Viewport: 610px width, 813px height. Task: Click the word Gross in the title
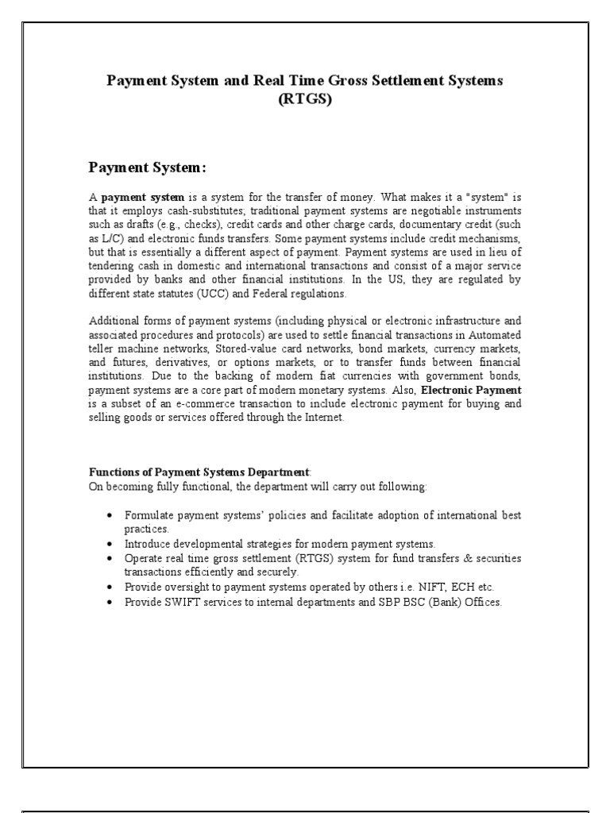pos(360,82)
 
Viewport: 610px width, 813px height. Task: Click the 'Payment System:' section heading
pos(147,168)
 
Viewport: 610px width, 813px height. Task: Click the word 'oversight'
pos(189,586)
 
